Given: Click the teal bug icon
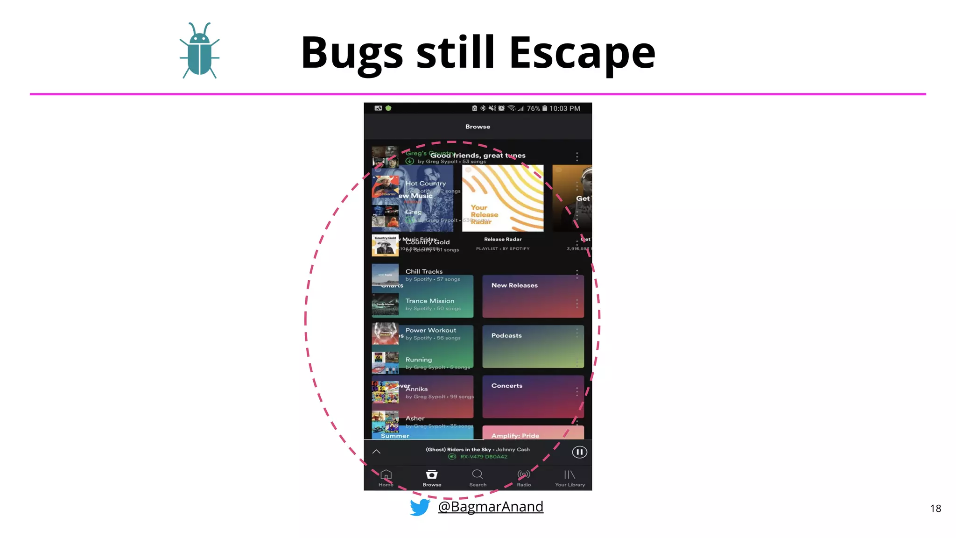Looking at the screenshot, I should [x=200, y=50].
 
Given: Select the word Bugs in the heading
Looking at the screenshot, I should [x=352, y=53].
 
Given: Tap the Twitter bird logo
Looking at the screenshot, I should [x=420, y=507].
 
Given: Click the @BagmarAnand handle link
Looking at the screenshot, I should [x=491, y=507].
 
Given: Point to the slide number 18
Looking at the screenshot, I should [x=935, y=509].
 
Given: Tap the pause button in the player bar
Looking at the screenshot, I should [x=579, y=452].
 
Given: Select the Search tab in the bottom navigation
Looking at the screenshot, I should [x=478, y=478].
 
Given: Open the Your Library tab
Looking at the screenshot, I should [x=569, y=478].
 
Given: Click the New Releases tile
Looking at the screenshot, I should [x=533, y=296].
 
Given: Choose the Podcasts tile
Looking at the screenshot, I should [x=533, y=346].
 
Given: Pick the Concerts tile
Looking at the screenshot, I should [x=533, y=396].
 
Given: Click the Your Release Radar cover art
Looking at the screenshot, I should [x=503, y=198].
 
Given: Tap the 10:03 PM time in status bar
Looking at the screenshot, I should [x=564, y=108].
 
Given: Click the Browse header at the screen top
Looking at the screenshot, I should [x=478, y=127].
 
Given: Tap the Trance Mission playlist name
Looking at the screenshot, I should [x=429, y=301].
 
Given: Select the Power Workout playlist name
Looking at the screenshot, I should [x=430, y=330].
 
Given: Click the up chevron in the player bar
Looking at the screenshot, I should [x=376, y=452].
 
